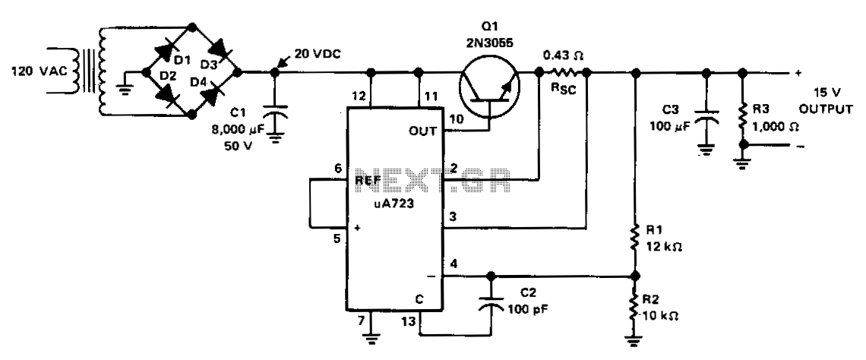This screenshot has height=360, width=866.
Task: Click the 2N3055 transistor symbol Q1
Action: coord(489,86)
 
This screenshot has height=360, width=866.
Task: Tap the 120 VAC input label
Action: coord(40,71)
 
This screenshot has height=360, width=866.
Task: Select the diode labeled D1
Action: coord(166,50)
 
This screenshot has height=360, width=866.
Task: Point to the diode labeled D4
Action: coord(210,94)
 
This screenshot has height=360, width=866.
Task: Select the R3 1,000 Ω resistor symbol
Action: coord(743,117)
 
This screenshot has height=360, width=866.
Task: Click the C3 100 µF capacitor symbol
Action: coord(706,116)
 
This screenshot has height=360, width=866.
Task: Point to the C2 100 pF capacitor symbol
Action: coord(490,302)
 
